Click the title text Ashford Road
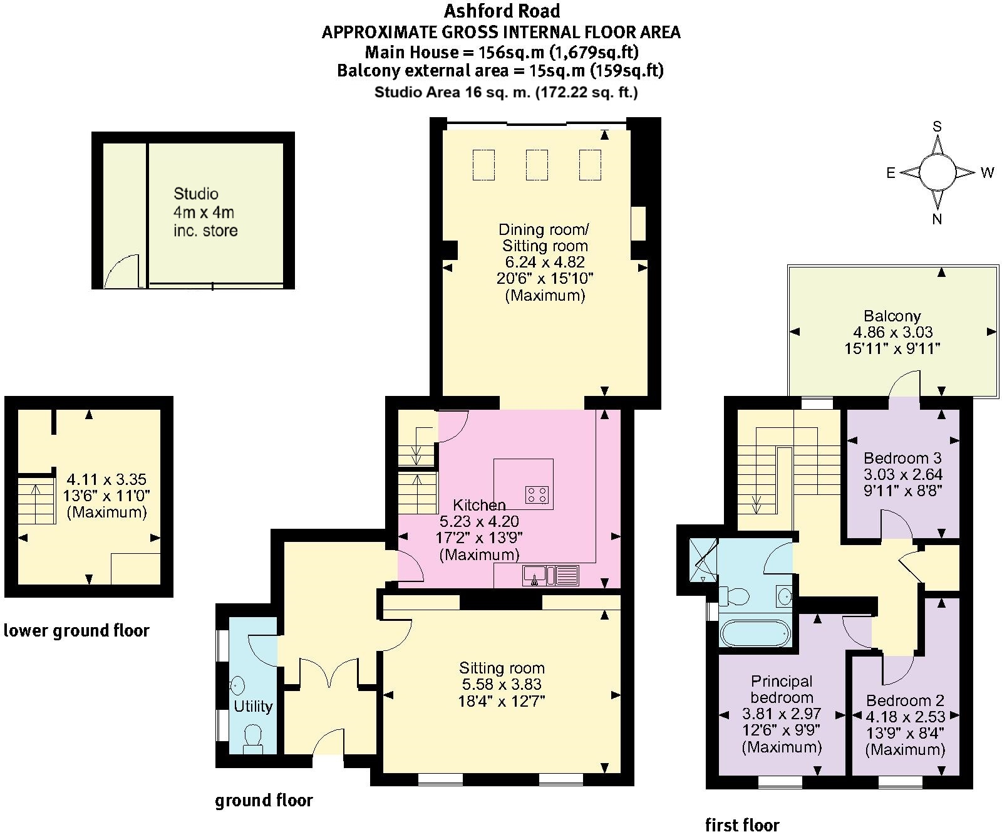502,11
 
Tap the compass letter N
937,219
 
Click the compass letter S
937,127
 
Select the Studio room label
196,194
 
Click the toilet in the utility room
252,737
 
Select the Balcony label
892,316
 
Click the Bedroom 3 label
902,458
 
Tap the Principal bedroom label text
782,689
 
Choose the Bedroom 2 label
905,700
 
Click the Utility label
253,706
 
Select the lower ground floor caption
76,630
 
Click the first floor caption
742,824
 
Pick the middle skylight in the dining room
537,164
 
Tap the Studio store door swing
122,271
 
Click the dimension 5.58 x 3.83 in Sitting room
501,684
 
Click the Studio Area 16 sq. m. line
506,92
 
